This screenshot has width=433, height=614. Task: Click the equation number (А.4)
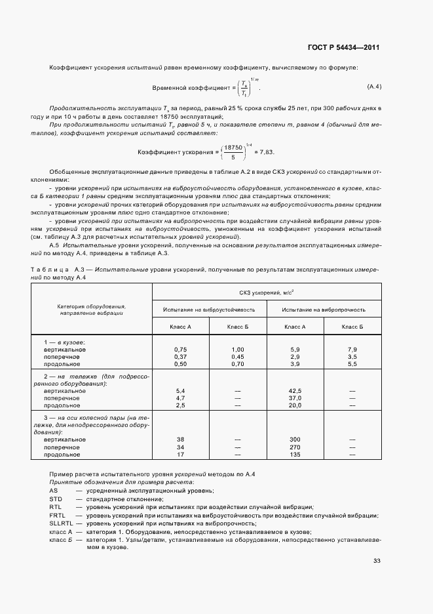(373, 87)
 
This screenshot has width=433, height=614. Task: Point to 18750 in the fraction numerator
(233, 148)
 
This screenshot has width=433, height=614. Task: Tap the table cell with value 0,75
(181, 350)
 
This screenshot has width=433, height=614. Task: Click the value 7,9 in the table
(352, 350)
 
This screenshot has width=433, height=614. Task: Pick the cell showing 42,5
(295, 391)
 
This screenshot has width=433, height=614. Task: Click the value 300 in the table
(295, 440)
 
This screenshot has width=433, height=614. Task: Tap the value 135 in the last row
(295, 454)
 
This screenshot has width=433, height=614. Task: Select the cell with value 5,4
(181, 391)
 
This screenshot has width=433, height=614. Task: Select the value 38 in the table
(181, 440)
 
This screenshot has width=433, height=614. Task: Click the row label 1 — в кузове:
(64, 342)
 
